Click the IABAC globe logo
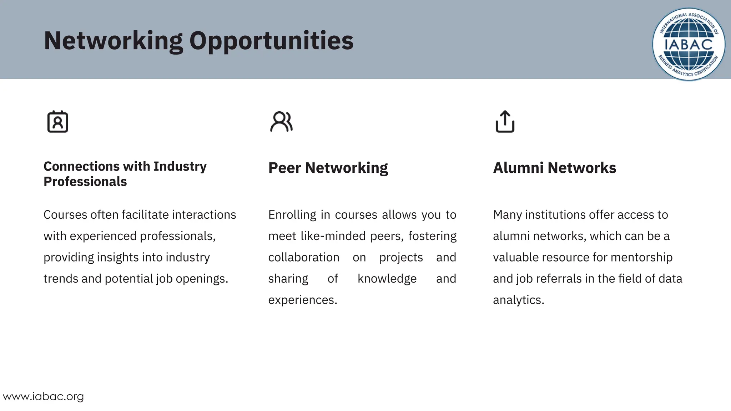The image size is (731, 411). click(689, 44)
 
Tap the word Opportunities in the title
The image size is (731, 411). click(271, 41)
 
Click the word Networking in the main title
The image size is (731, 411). click(114, 41)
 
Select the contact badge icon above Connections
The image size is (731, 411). click(57, 122)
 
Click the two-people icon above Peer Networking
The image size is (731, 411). click(281, 122)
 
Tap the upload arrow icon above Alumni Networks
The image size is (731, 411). click(505, 122)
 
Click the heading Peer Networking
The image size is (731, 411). click(328, 168)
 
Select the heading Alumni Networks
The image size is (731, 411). click(554, 168)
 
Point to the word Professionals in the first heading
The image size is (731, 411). click(85, 182)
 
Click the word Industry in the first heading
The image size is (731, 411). click(180, 166)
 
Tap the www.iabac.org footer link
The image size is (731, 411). click(43, 396)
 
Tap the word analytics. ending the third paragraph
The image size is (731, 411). click(518, 300)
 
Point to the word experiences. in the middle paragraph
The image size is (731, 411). click(303, 300)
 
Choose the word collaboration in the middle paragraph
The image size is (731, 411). click(304, 257)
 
